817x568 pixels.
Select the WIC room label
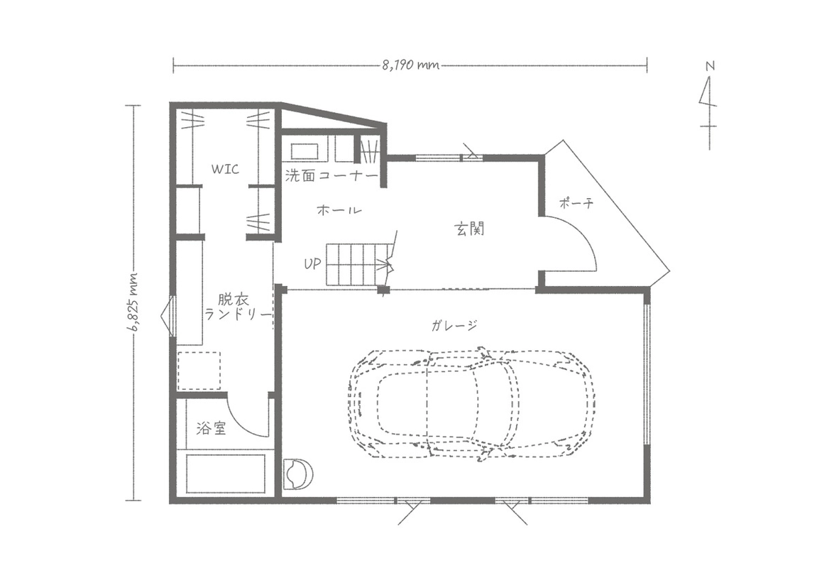pos(225,169)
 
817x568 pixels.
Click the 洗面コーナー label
pos(331,175)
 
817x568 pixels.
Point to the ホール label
pos(339,210)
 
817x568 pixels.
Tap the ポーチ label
pos(576,202)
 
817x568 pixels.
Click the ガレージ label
pos(454,326)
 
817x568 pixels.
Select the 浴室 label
pos(211,428)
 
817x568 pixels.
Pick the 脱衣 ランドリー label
pos(238,307)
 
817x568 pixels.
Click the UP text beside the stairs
pos(312,263)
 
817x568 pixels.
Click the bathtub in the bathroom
pos(226,474)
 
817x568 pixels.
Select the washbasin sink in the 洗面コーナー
pos(305,151)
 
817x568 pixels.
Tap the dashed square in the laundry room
pos(199,371)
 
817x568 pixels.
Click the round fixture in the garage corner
pos(298,474)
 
